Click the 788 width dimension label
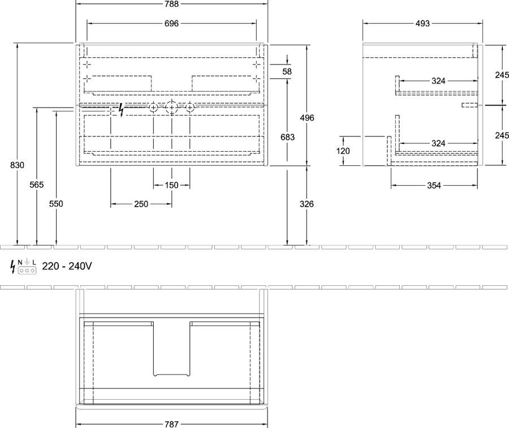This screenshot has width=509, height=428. pos(171,4)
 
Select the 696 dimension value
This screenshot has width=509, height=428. pos(171,23)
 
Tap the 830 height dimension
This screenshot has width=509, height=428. pos(17,165)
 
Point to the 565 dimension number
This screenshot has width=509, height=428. pos(36,185)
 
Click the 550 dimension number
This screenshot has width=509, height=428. pos(56,204)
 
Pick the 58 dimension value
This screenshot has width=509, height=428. pos(287,71)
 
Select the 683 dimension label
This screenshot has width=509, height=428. pos(288,137)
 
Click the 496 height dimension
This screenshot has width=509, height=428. pos(307,118)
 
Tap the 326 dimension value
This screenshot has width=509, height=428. pos(307,204)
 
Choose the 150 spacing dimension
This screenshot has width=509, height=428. pos(171,185)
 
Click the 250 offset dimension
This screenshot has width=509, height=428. pos(141,204)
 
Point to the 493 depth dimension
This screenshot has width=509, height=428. pos(422,23)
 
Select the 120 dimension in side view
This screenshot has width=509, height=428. pos(343,151)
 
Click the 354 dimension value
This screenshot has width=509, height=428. pos(434,186)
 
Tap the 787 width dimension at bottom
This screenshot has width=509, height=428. pos(171,424)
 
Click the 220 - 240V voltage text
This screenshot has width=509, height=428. pos(67,266)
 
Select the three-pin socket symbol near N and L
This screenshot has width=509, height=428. pos(27,270)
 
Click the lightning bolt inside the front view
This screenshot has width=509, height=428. pos(122,110)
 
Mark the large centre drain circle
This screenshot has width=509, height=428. pos(171,107)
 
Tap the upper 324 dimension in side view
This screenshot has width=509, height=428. pos(438,81)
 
